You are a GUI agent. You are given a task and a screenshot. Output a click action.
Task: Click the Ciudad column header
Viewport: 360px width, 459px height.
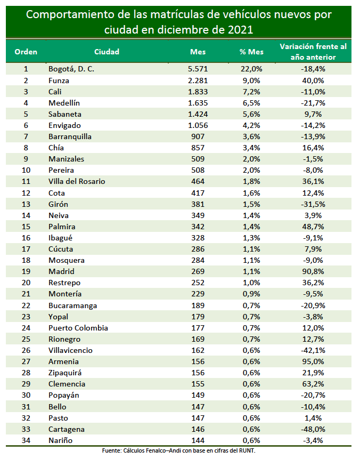click(x=107, y=52)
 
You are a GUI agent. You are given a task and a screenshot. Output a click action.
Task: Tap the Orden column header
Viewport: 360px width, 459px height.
click(x=26, y=52)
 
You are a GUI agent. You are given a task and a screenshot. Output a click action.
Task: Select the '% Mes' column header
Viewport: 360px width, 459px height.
click(x=251, y=52)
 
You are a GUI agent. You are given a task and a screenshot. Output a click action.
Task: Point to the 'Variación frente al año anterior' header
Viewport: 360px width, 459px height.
click(x=313, y=52)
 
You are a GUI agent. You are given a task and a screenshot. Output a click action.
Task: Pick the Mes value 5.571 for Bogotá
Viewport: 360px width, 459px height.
click(x=198, y=69)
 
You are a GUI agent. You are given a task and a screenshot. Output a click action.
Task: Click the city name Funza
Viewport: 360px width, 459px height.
click(x=59, y=80)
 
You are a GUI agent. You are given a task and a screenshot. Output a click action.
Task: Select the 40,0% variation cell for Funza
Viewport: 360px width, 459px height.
click(x=313, y=80)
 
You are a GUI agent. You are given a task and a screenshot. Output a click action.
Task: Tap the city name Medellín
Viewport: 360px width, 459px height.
click(x=64, y=103)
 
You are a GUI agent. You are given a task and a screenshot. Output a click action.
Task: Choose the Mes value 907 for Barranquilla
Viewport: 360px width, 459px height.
click(x=198, y=136)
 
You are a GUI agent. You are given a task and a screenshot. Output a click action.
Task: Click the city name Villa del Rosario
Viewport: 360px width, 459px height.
click(x=77, y=181)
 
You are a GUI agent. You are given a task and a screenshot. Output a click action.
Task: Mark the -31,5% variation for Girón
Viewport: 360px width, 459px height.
click(x=313, y=204)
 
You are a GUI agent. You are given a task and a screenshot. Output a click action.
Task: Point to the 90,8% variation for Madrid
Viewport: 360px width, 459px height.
click(x=313, y=272)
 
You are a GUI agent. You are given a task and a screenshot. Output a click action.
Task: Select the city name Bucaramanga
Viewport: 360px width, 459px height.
click(x=72, y=305)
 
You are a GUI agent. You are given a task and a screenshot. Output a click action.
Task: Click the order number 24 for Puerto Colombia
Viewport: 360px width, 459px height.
click(x=26, y=328)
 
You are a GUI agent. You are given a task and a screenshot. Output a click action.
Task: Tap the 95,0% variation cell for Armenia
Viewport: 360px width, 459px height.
click(x=313, y=362)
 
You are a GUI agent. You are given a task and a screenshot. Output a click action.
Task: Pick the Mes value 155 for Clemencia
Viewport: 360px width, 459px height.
click(x=198, y=384)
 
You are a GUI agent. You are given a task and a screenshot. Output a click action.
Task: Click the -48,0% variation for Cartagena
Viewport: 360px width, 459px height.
click(x=313, y=429)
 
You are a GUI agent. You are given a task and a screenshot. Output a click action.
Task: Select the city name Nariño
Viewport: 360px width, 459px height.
click(x=60, y=440)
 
